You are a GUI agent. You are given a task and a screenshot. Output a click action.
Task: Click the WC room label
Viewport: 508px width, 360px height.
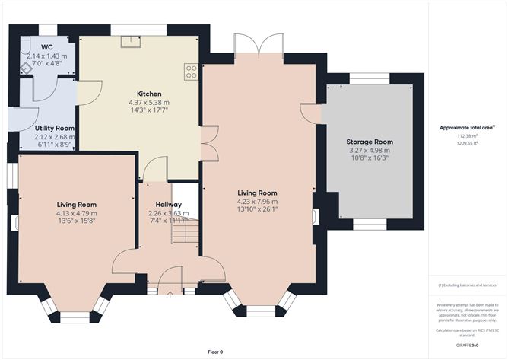coord(47,47)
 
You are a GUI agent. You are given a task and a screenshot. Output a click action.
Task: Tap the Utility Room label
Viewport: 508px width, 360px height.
coord(55,129)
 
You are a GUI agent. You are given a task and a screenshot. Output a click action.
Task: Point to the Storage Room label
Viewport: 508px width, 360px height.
coord(370,142)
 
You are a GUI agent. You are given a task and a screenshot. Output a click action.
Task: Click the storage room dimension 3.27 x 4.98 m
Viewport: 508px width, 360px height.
coord(370,151)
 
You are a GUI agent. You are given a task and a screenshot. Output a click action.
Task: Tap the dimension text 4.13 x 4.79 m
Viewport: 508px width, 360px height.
coord(76,213)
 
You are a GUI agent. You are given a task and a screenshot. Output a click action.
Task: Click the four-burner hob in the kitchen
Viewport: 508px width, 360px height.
coord(192,72)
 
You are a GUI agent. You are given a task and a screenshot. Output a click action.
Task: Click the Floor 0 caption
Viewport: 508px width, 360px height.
coord(216,352)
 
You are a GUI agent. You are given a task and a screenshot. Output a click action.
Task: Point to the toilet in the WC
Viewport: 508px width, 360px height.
coord(26,66)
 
